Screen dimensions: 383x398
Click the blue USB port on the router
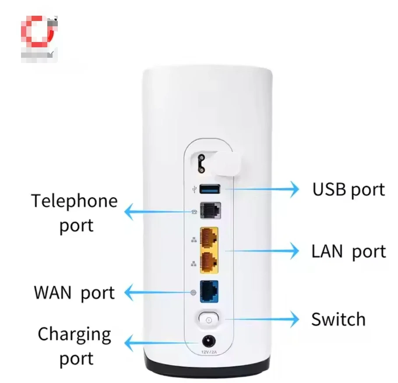click(x=209, y=189)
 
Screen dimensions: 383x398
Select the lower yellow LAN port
click(x=209, y=261)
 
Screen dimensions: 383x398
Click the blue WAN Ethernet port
click(x=209, y=291)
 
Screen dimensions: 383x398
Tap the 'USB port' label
click(x=349, y=190)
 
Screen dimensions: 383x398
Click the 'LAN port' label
click(x=349, y=252)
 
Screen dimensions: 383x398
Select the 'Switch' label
click(x=338, y=320)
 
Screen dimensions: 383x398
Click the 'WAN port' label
click(x=74, y=292)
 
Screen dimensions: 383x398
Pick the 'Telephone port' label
click(x=75, y=213)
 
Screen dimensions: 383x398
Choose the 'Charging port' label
click(x=74, y=346)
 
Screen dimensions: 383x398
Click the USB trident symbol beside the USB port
click(x=194, y=190)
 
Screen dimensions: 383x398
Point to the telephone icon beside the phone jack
click(x=194, y=211)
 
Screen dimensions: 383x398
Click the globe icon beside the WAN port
click(x=194, y=292)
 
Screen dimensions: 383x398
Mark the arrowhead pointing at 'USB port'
click(x=294, y=189)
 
